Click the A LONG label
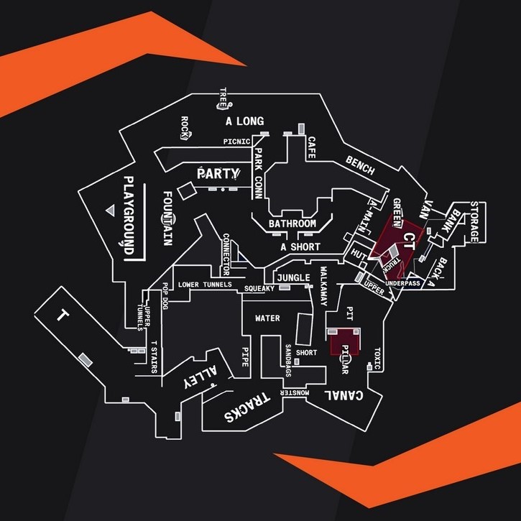tap(244, 121)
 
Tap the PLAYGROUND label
tap(129, 215)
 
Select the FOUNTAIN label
tap(167, 218)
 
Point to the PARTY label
tap(218, 173)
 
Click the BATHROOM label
tap(292, 224)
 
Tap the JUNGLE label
tap(293, 278)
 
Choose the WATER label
tap(267, 318)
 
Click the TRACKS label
tap(246, 407)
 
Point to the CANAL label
tap(347, 395)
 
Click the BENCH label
tap(360, 165)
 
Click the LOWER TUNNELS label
tap(205, 285)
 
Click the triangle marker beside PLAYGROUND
tap(110, 210)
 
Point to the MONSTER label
tap(295, 393)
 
